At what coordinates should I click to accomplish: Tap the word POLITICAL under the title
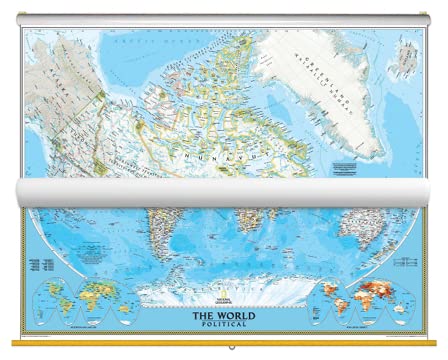coord(224,326)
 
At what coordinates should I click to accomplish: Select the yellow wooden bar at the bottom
coord(224,346)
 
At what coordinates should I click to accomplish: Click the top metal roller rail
coord(224,20)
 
